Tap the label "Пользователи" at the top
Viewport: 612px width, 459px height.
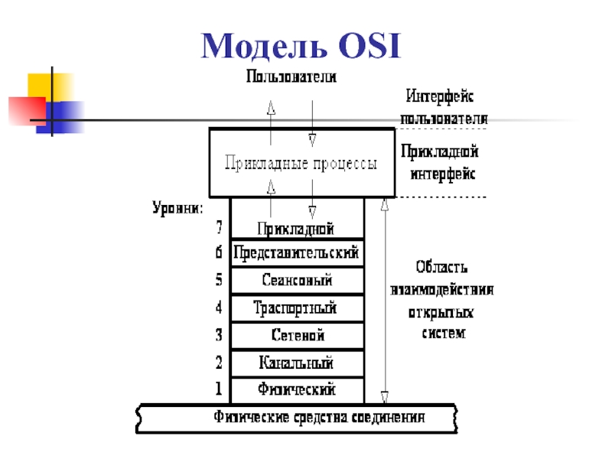tap(291, 77)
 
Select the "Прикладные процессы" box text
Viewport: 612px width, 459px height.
tap(300, 164)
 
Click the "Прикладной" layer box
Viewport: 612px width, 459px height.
tap(297, 228)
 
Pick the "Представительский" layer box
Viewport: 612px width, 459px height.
tap(297, 252)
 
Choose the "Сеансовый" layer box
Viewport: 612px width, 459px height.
tap(297, 280)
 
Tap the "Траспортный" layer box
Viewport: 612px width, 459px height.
tap(297, 308)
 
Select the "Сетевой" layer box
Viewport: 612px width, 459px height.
tap(297, 336)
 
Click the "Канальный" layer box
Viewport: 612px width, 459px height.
tap(297, 363)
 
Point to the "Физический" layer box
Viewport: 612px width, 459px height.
tap(297, 389)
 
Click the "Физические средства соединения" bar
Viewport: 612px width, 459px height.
tap(318, 418)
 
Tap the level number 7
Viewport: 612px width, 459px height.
tap(219, 228)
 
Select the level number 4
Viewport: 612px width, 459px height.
tap(219, 308)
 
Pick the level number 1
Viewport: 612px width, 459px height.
tap(219, 389)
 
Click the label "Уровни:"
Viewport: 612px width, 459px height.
tap(177, 207)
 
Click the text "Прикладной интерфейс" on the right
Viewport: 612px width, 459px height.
tap(441, 162)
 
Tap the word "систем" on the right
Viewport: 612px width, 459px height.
tap(443, 334)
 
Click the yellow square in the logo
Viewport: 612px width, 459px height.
tap(44, 86)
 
